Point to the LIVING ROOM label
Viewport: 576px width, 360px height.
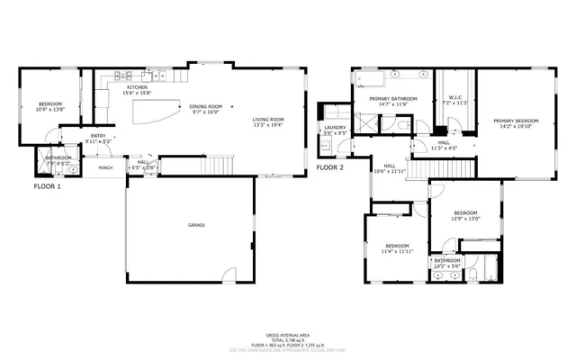pos(267,120)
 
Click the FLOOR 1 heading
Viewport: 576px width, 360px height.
pos(47,186)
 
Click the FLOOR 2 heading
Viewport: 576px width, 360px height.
pos(330,167)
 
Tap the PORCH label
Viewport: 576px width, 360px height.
pos(105,167)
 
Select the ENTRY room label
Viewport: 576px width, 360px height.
pos(97,136)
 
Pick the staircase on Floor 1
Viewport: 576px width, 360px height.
pos(219,165)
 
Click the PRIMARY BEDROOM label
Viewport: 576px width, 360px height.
pos(515,121)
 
